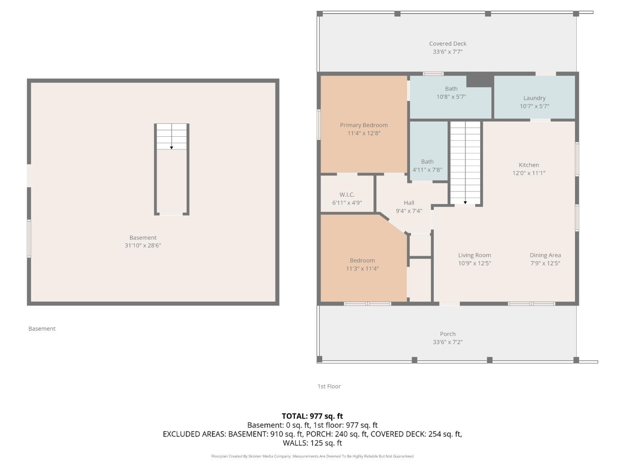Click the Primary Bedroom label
point(364,125)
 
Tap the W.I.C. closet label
point(347,195)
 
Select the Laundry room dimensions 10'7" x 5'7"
point(534,106)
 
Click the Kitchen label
point(529,165)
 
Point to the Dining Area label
point(545,255)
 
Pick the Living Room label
point(475,255)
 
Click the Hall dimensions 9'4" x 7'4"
point(409,211)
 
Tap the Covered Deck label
point(447,44)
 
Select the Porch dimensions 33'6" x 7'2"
point(447,342)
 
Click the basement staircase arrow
point(172,147)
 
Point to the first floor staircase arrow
point(465,202)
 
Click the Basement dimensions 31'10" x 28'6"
point(142,246)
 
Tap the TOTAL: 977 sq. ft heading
point(312,416)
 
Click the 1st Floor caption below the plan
point(329,386)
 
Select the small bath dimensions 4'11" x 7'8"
point(427,170)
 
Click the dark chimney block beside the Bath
point(480,80)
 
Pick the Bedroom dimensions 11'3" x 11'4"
point(362,269)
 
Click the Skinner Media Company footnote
point(312,456)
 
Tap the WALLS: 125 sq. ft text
point(312,443)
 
